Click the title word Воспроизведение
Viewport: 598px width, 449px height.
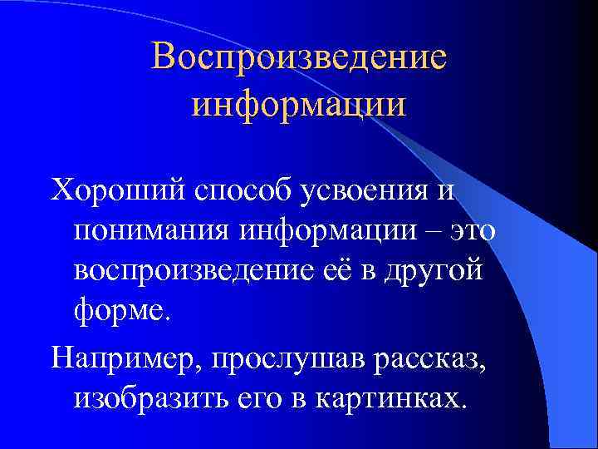(x=299, y=58)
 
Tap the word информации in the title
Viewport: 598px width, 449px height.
(x=299, y=106)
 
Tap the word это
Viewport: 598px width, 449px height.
(x=469, y=232)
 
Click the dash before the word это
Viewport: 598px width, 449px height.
(x=430, y=232)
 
